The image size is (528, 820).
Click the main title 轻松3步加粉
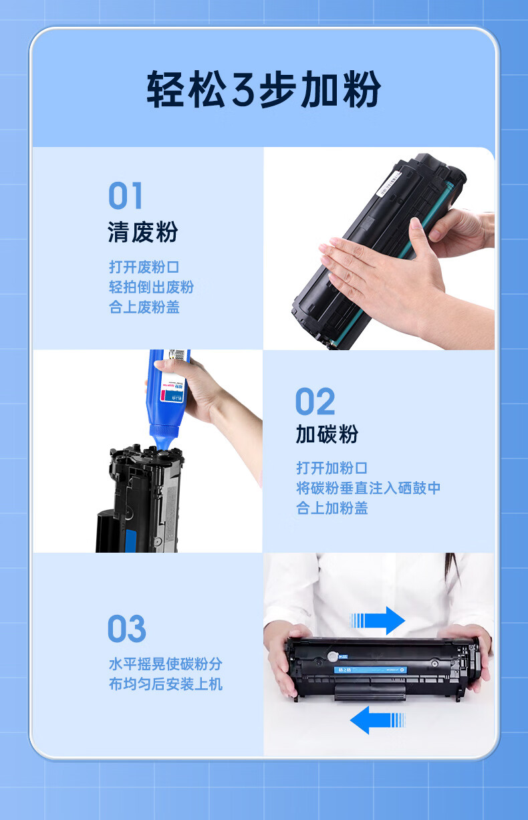[x=264, y=90]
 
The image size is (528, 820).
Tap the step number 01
[x=126, y=196]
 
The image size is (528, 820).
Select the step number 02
[x=315, y=402]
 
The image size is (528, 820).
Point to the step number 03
[x=126, y=630]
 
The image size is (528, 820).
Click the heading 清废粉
[x=143, y=233]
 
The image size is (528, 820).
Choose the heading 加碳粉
[x=327, y=434]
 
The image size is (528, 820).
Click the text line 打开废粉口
[x=144, y=267]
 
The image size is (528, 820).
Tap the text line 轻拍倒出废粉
[x=151, y=287]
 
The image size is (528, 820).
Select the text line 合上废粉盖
[x=144, y=307]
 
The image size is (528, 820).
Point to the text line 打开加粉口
[x=332, y=468]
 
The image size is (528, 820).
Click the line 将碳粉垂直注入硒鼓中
[x=368, y=488]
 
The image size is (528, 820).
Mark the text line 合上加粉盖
[x=332, y=508]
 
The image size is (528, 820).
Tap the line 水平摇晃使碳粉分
[x=165, y=664]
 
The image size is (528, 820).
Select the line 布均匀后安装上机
[x=165, y=684]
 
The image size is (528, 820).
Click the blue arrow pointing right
[x=379, y=620]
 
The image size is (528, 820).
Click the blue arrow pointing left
[x=378, y=720]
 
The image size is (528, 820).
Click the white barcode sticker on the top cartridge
[x=391, y=182]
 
